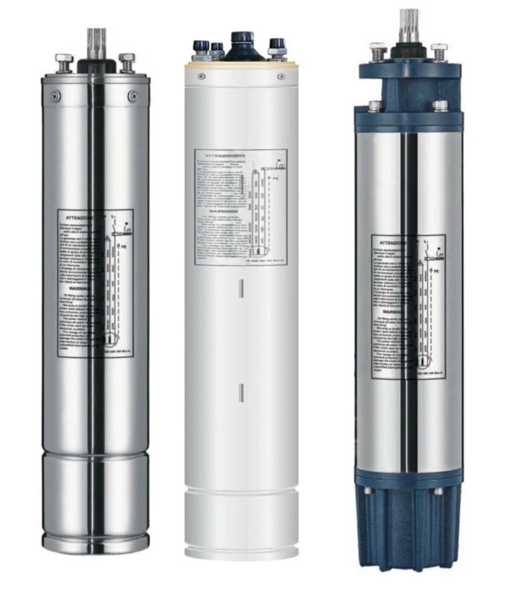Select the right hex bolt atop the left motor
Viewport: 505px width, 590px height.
[x=127, y=61]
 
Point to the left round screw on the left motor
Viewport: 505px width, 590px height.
[x=55, y=96]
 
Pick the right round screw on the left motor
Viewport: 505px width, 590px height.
[x=133, y=96]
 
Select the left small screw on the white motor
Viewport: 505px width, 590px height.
[x=202, y=76]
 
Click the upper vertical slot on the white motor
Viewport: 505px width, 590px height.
[x=241, y=288]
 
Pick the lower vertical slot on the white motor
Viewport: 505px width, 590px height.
[x=241, y=393]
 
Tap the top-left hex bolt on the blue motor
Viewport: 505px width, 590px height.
[x=377, y=51]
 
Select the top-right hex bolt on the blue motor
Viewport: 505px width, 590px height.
[x=439, y=51]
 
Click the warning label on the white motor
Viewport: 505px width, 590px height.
[x=241, y=206]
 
